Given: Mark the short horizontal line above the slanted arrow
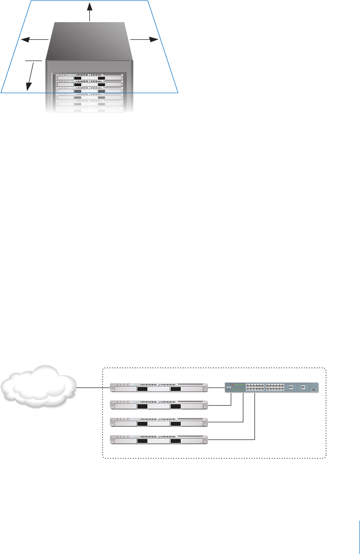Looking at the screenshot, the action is click(33, 61).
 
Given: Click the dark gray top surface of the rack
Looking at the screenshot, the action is click(89, 40).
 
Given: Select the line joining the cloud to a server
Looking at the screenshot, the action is click(93, 387).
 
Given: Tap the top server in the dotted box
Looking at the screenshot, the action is click(159, 387).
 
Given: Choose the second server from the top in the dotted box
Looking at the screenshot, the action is click(159, 405).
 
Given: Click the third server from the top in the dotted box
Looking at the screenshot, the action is click(159, 422).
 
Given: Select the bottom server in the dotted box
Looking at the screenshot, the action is click(159, 439).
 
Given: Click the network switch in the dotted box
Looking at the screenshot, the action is click(272, 387).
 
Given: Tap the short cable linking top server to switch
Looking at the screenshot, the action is click(216, 387).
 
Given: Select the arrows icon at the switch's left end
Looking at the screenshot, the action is click(228, 387).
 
